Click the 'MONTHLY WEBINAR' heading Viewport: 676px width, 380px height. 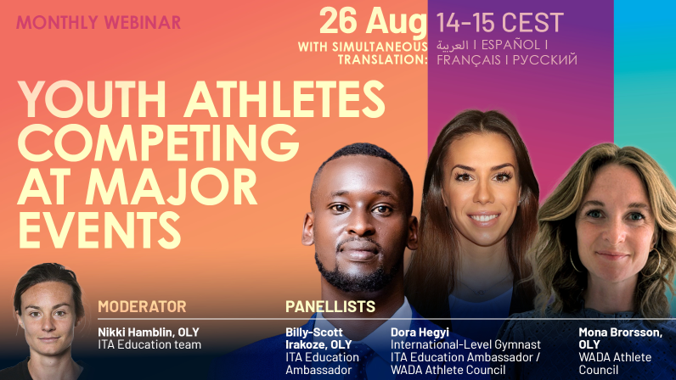[99, 22]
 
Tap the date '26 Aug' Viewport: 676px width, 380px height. [373, 22]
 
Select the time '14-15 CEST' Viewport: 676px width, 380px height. [500, 22]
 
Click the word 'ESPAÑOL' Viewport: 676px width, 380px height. [510, 45]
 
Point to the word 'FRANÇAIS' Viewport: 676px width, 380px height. [469, 60]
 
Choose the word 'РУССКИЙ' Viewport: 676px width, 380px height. [545, 59]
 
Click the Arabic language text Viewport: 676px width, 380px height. [452, 45]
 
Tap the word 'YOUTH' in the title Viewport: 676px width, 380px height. [92, 99]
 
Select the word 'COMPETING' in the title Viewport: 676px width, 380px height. [158, 142]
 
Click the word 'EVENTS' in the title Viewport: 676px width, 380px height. [99, 231]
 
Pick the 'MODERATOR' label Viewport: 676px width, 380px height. [142, 307]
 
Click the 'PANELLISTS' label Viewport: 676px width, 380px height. [330, 307]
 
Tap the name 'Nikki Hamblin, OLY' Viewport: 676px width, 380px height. [149, 332]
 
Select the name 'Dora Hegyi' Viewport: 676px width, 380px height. [420, 332]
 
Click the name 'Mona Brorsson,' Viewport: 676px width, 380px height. [621, 332]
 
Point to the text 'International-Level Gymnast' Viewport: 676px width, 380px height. [465, 344]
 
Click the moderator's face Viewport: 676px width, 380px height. [48, 316]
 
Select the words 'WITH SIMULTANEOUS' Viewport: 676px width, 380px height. [363, 47]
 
